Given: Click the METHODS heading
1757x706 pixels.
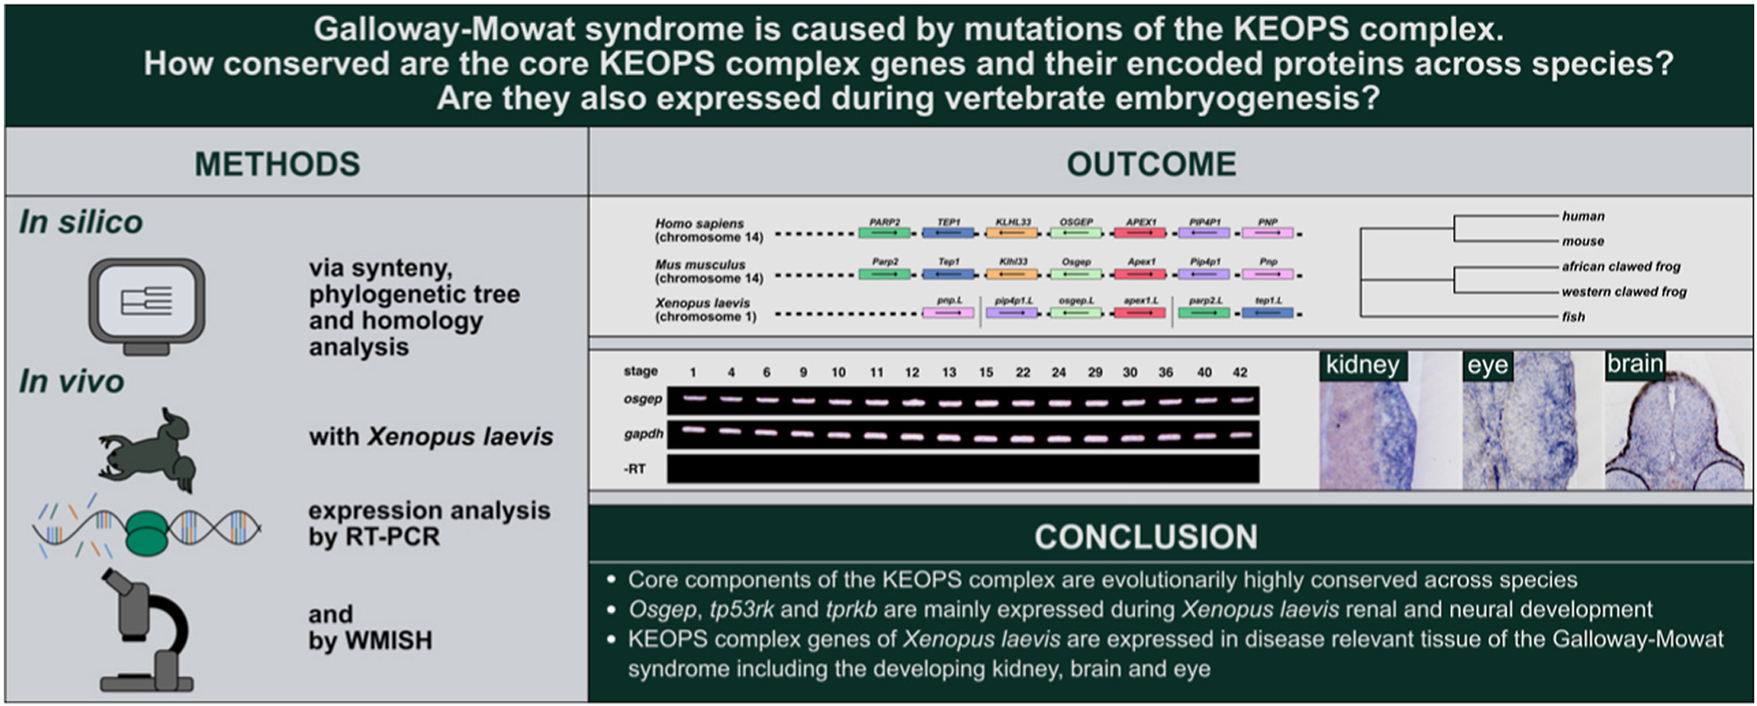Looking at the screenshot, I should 277,164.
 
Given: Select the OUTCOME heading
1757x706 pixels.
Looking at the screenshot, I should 1151,164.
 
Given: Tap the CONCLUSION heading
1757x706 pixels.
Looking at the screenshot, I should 1145,537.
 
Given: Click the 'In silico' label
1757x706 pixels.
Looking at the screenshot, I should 81,222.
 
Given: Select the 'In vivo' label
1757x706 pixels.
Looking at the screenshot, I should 72,382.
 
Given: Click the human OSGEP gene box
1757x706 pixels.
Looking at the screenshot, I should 1076,233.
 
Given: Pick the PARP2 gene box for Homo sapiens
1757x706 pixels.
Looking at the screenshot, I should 885,233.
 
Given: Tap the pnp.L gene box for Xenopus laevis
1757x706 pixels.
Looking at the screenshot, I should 948,313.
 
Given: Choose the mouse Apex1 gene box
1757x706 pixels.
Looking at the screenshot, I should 1141,274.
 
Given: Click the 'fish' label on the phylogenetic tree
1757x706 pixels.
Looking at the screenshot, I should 1573,317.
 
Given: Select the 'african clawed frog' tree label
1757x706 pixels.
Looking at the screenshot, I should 1621,266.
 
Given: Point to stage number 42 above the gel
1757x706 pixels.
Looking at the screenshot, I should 1240,372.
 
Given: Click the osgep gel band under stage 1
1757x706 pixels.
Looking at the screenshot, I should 693,398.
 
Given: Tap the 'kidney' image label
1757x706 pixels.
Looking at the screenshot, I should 1362,365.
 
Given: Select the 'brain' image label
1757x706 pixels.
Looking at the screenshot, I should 1634,364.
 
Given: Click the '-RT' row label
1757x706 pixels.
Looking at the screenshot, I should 635,469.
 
